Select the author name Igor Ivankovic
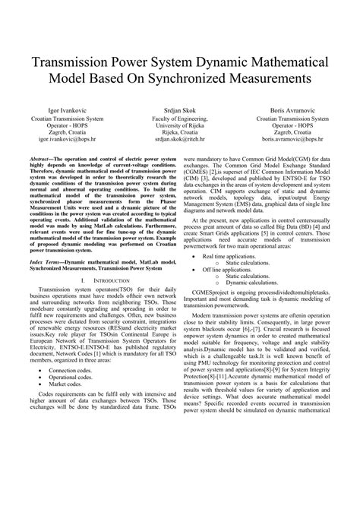(67, 109)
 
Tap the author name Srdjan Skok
(180, 109)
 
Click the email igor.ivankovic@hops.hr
(67, 140)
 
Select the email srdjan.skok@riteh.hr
(180, 140)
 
